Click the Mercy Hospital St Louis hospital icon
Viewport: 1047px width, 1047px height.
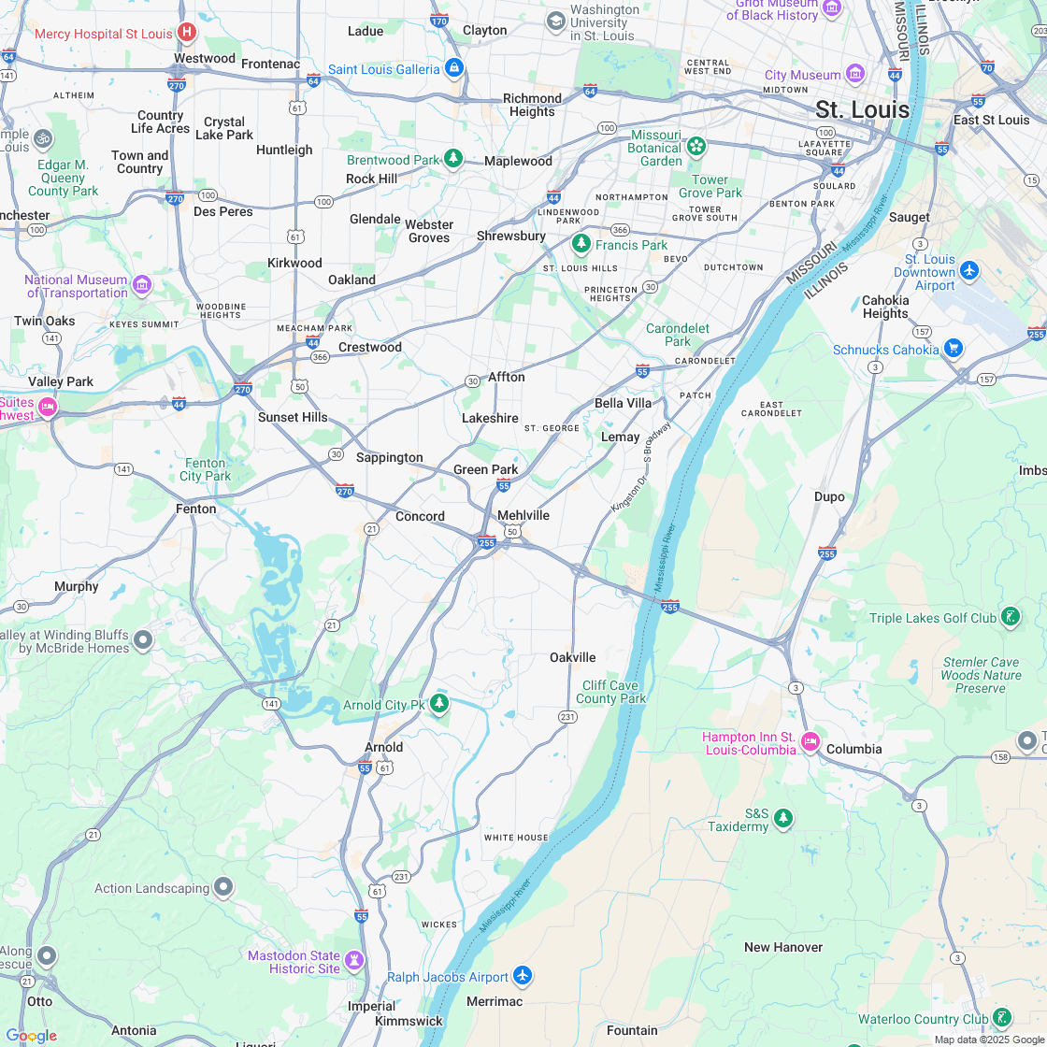(x=187, y=34)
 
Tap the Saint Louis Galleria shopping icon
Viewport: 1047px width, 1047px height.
(x=454, y=68)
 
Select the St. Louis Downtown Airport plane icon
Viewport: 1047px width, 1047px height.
(x=969, y=270)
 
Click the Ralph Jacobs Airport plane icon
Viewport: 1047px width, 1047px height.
(x=523, y=976)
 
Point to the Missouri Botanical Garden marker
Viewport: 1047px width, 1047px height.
(x=696, y=147)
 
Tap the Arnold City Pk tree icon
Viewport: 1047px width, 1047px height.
(x=439, y=703)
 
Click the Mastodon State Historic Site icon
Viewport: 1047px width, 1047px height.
(x=354, y=960)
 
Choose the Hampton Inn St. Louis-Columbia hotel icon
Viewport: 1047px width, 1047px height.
(x=810, y=742)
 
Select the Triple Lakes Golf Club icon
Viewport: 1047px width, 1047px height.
(x=1010, y=616)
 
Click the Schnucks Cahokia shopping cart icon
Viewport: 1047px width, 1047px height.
(x=953, y=349)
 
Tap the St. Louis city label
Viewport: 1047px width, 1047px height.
(x=862, y=109)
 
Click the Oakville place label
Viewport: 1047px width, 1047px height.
(x=572, y=657)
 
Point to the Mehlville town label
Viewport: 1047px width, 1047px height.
(x=523, y=515)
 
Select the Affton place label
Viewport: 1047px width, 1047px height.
(x=507, y=377)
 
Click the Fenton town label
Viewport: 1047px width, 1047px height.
(x=196, y=509)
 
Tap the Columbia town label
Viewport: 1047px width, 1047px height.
(x=853, y=749)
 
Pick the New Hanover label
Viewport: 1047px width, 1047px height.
(x=783, y=947)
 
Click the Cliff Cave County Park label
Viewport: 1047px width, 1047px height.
(x=610, y=692)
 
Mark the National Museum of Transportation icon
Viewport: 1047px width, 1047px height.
(x=142, y=284)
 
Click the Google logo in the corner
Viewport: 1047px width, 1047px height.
(x=31, y=1035)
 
